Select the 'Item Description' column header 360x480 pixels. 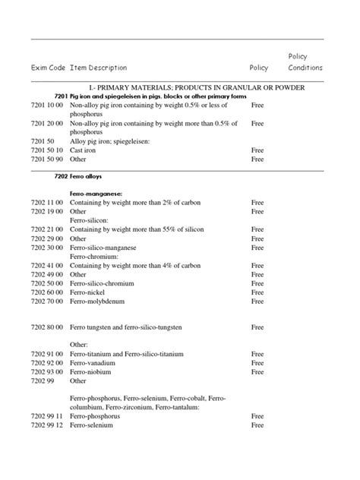pyautogui.click(x=99, y=68)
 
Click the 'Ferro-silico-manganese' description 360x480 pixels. pyautogui.click(x=106, y=248)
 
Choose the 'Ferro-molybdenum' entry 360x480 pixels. pyautogui.click(x=97, y=302)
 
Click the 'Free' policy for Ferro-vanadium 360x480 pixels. pyautogui.click(x=257, y=363)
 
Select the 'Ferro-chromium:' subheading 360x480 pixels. pyautogui.click(x=94, y=257)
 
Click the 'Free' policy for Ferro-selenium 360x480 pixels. pyautogui.click(x=257, y=425)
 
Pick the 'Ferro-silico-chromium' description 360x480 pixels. pyautogui.click(x=104, y=283)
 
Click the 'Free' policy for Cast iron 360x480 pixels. pyautogui.click(x=257, y=150)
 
